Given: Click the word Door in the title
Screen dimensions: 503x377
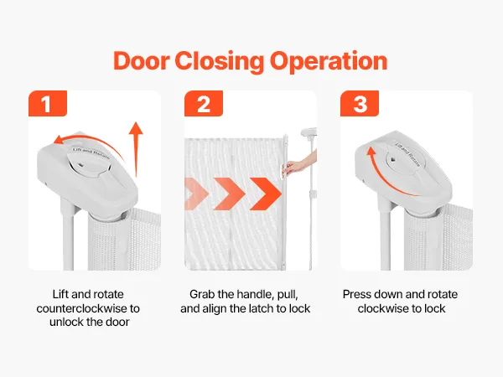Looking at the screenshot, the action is [141, 60].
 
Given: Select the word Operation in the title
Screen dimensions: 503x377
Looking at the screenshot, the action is [329, 62].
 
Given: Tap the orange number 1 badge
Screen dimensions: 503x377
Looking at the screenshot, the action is [48, 104].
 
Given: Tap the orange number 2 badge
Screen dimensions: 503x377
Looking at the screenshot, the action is [204, 104].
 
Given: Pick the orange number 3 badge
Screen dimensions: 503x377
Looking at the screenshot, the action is [360, 104].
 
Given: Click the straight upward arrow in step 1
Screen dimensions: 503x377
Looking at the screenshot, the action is [137, 149].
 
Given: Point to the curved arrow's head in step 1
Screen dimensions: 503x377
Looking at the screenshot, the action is [58, 140].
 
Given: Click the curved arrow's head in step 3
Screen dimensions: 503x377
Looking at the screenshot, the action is [371, 152].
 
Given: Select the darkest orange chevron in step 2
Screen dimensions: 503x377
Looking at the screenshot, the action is [266, 194].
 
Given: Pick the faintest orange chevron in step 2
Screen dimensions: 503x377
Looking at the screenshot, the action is [196, 194].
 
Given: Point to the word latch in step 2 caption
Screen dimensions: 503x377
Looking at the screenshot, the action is [262, 308].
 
